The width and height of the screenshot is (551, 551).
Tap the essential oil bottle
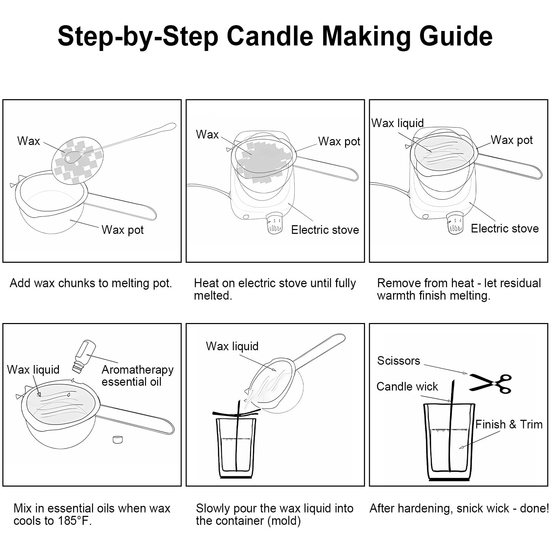84,356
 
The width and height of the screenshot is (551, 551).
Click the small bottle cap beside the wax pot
118,440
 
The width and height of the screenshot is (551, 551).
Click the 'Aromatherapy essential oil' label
137,376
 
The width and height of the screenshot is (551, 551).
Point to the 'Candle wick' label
407,386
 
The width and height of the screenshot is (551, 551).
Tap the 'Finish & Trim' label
509,424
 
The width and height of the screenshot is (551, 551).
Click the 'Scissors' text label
398,361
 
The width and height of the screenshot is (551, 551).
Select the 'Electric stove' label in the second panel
325,230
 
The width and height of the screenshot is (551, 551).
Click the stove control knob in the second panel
275,223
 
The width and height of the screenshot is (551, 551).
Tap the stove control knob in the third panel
455,223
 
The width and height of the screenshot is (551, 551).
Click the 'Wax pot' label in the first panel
123,230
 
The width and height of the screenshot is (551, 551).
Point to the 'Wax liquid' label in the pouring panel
232,346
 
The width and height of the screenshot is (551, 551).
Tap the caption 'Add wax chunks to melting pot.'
91,283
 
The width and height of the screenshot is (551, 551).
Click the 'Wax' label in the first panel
29,141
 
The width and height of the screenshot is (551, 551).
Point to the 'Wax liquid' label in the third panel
398,123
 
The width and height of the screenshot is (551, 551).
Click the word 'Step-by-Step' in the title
138,37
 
